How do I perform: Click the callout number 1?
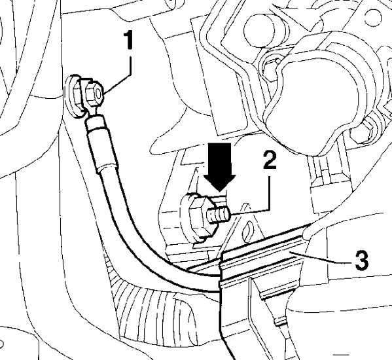click(128, 40)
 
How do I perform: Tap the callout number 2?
click(270, 160)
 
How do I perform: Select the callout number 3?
click(362, 261)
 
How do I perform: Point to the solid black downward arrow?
click(219, 166)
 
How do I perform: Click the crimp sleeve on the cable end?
click(102, 143)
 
